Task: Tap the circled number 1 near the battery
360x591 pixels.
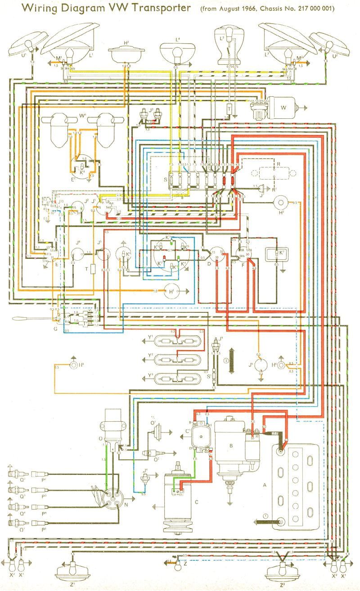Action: click(x=266, y=516)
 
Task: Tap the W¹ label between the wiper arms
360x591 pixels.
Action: click(x=82, y=116)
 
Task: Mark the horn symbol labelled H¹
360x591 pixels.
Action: click(x=171, y=291)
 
